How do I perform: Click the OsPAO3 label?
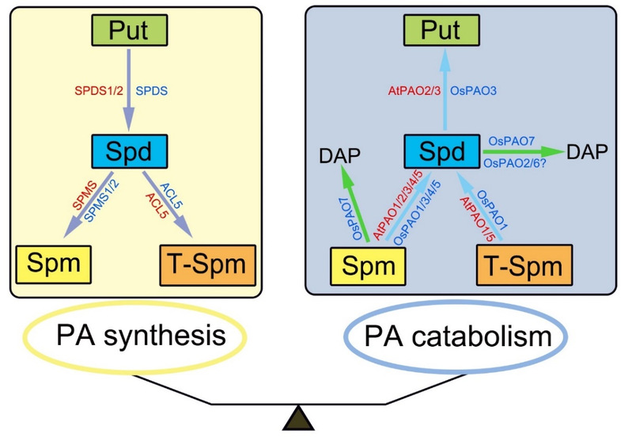pyautogui.click(x=473, y=93)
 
